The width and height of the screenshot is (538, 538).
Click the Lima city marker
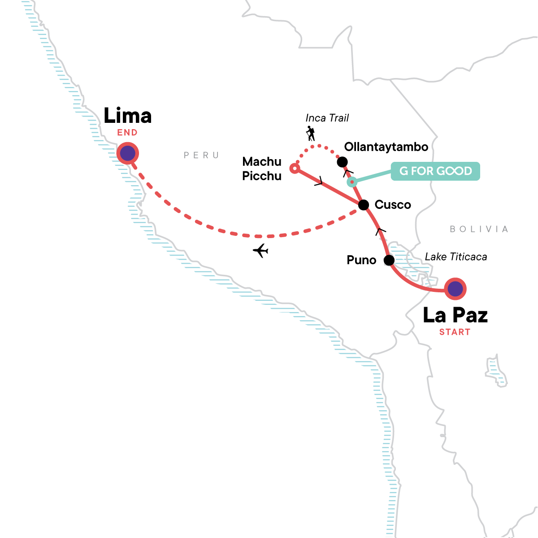coord(128,154)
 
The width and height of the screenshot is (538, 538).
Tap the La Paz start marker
coord(455,289)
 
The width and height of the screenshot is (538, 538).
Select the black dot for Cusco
coord(364,205)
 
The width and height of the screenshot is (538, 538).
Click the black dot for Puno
coord(389,260)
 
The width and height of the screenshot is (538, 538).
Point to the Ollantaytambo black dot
coord(342,162)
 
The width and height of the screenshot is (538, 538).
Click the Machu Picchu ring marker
coord(295,169)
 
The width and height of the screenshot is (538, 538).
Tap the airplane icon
coord(260,251)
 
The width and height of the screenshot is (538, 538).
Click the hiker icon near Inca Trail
coord(310,134)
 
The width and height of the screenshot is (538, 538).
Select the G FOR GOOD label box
coord(435,171)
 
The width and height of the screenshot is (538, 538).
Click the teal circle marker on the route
coord(352,182)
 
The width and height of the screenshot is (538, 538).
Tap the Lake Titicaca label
coord(456,257)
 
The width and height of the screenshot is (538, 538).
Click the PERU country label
coord(201,156)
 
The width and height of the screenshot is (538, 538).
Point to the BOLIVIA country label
coord(479,230)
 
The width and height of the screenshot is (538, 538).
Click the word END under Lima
coord(127,133)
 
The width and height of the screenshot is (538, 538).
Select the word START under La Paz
coord(455,332)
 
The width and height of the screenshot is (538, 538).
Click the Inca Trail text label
coord(327,118)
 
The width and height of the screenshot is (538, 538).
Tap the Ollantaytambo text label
coord(386,147)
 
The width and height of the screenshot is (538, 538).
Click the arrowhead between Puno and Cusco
coord(380,230)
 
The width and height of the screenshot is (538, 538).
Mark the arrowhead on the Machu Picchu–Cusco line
coord(319,182)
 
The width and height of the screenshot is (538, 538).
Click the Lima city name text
coord(128,116)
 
